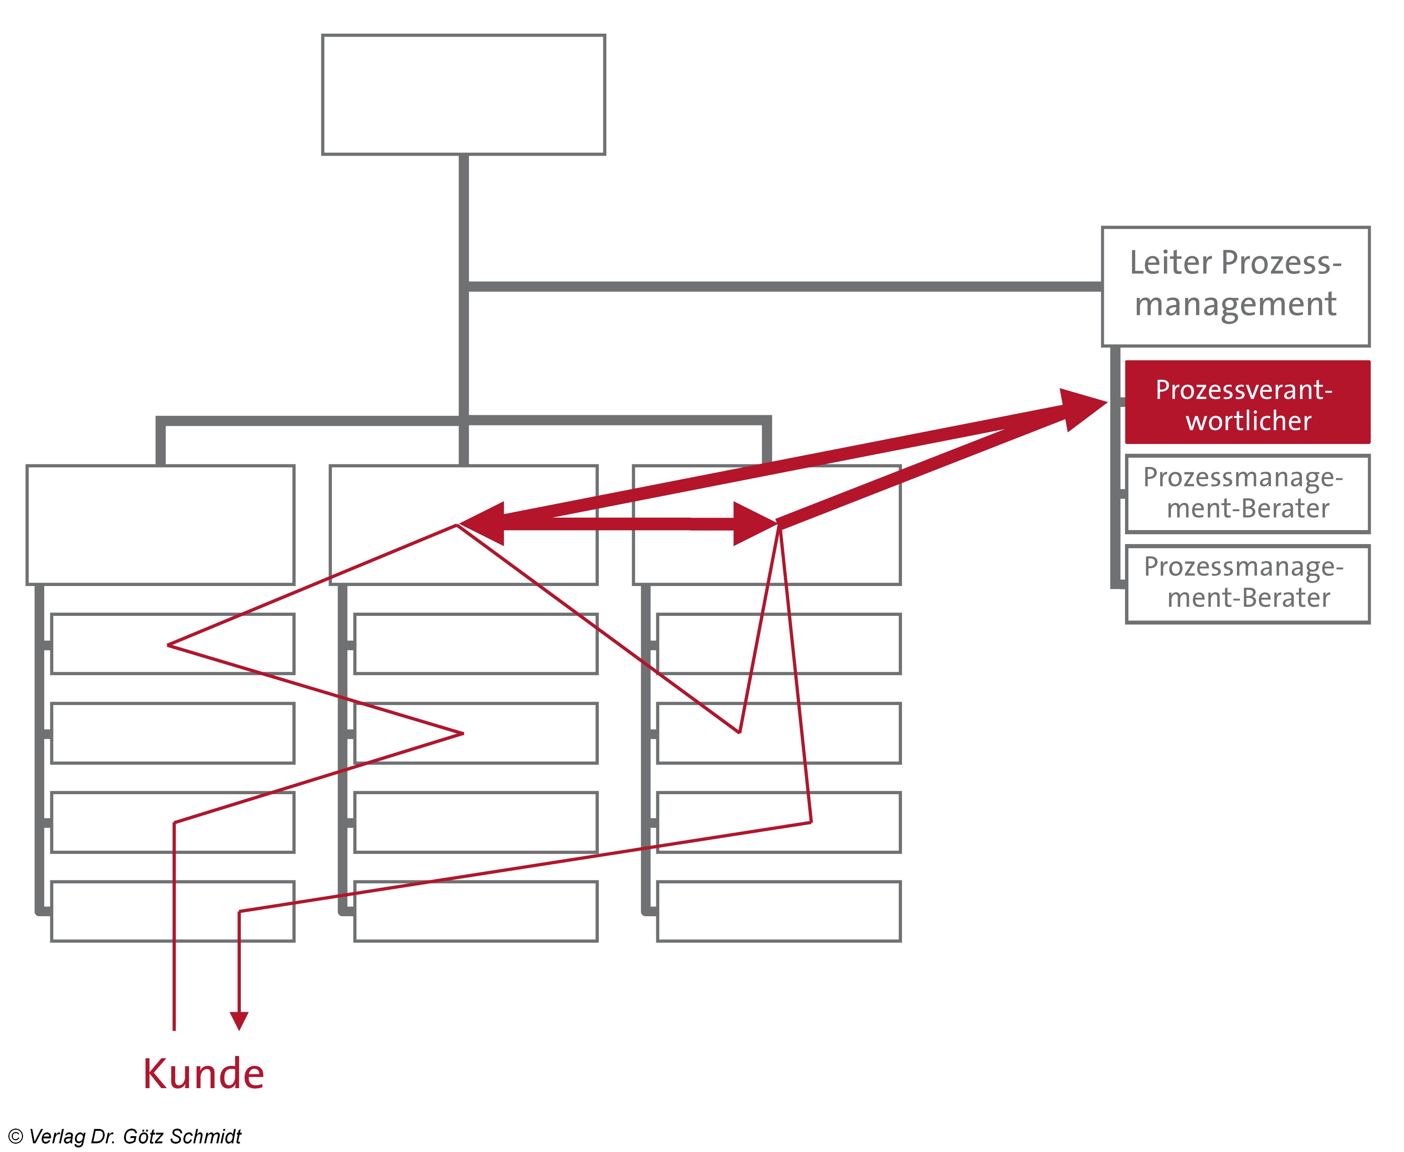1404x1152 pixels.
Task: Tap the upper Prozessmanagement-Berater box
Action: point(1247,493)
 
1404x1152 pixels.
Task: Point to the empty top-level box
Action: point(463,95)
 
